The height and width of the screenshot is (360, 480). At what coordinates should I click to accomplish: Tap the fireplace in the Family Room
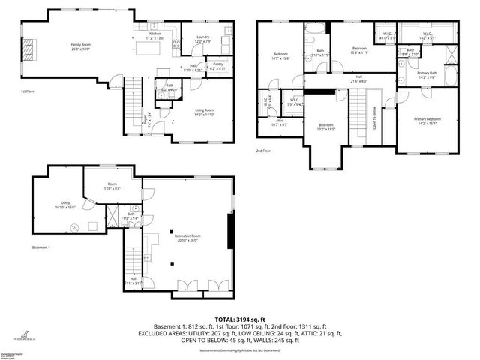pos(29,49)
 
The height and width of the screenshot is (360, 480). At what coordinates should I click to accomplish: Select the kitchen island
pos(148,49)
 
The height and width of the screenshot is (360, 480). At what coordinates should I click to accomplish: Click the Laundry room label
pos(202,38)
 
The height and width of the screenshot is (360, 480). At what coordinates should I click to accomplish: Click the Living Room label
pos(204,112)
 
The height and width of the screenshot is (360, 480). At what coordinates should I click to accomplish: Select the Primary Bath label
pos(427,74)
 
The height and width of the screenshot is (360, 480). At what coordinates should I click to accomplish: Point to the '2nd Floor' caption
pos(262,150)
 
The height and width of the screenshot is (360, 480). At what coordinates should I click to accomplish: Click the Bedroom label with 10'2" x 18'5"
pos(325,127)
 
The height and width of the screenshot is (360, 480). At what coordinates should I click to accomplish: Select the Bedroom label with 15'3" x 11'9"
pos(358,50)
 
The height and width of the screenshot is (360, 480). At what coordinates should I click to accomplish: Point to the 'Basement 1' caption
pos(40,247)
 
